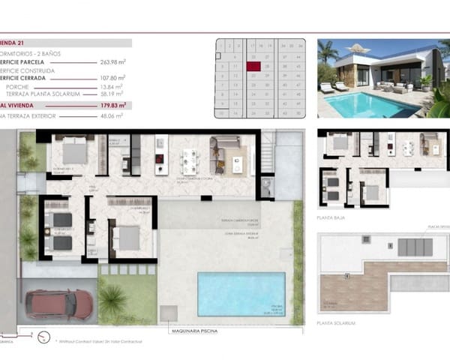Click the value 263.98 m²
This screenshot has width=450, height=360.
pyautogui.click(x=112, y=63)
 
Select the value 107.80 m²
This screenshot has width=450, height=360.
pyautogui.click(x=112, y=77)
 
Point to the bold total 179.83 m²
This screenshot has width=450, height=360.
pyautogui.click(x=112, y=106)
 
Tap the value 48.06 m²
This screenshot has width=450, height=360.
pyautogui.click(x=112, y=116)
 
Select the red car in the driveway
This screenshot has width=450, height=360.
pyautogui.click(x=59, y=304)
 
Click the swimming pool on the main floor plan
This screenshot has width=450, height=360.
pyautogui.click(x=241, y=293)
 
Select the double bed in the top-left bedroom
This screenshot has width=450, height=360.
pyautogui.click(x=74, y=152)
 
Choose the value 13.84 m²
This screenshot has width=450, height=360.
pyautogui.click(x=112, y=87)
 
